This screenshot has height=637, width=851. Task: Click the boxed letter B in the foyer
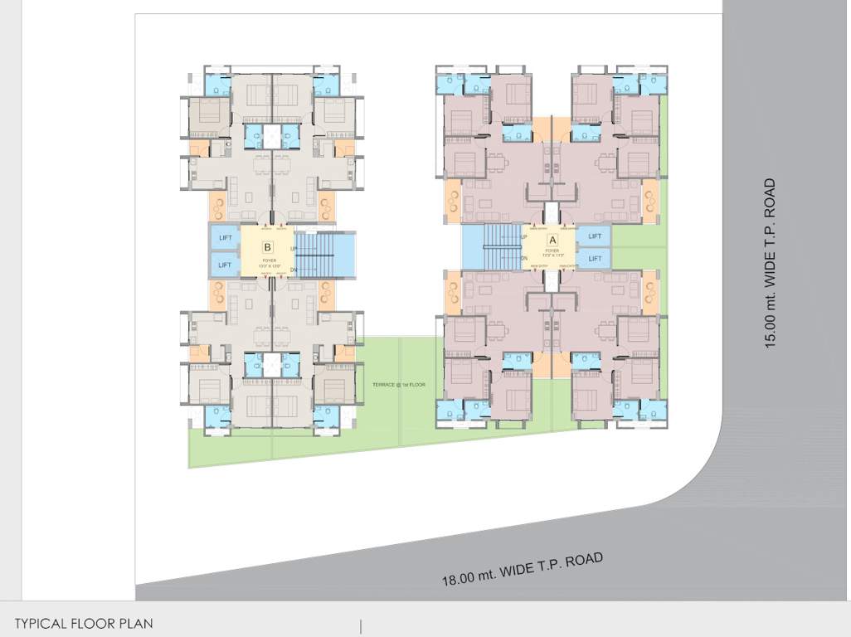tap(267, 247)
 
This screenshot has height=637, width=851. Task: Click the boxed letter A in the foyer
tap(553, 240)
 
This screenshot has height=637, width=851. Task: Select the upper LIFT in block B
tap(225, 238)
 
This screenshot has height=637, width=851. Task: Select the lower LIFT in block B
tap(225, 265)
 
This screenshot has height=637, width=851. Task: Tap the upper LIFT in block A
tap(595, 236)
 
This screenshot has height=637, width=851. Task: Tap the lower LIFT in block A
tap(595, 258)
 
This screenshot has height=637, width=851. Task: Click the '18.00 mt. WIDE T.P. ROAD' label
tap(522, 569)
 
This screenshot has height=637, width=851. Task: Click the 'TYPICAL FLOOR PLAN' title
tap(84, 623)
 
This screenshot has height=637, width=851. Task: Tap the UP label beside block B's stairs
tap(293, 248)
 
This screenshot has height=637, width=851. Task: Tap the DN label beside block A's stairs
tap(524, 258)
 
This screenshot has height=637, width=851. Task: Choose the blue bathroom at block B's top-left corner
tap(218, 85)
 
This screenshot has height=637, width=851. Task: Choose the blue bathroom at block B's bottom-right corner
tap(325, 415)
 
